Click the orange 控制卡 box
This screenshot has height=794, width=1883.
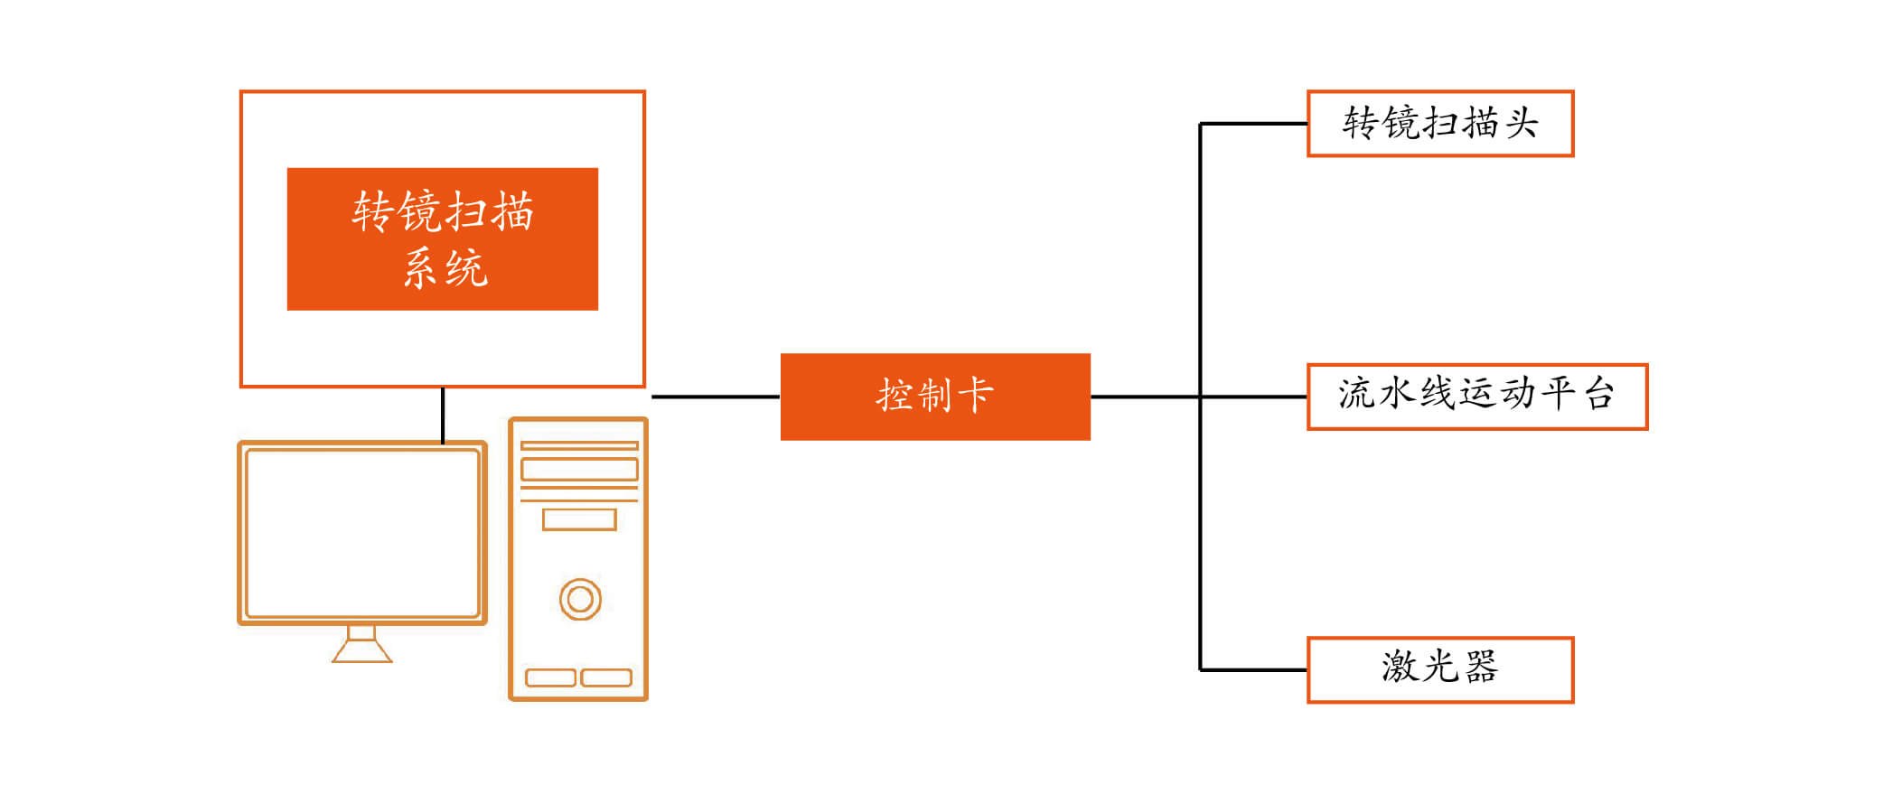click(935, 397)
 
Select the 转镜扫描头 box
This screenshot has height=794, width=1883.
click(1440, 124)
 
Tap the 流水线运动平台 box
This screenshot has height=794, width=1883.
click(1477, 397)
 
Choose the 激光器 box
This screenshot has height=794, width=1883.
click(1440, 669)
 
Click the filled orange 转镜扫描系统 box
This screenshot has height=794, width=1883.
click(442, 238)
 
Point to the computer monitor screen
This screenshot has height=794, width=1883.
click(362, 533)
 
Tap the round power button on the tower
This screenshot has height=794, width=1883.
click(580, 599)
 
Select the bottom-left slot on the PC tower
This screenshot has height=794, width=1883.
click(550, 677)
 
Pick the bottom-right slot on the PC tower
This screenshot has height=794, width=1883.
click(606, 677)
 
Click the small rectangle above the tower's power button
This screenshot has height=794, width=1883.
click(579, 519)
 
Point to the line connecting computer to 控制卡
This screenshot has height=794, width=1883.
click(715, 397)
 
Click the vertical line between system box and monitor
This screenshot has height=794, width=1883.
click(443, 415)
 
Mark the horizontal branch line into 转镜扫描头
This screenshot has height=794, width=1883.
click(1253, 124)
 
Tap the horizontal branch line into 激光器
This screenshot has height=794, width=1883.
click(1253, 670)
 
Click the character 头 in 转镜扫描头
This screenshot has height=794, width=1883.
click(1521, 124)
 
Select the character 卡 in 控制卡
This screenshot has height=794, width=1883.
click(976, 396)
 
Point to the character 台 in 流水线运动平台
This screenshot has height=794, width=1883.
click(1599, 395)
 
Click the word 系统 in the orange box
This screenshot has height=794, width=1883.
click(445, 268)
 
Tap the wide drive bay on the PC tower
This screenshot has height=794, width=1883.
click(579, 469)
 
